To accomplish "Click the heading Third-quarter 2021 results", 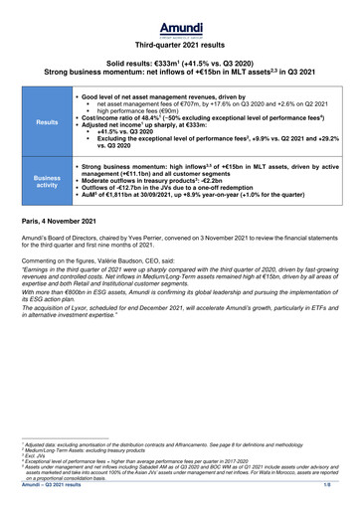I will tap(180, 45).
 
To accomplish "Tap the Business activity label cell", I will tap(47, 180).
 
